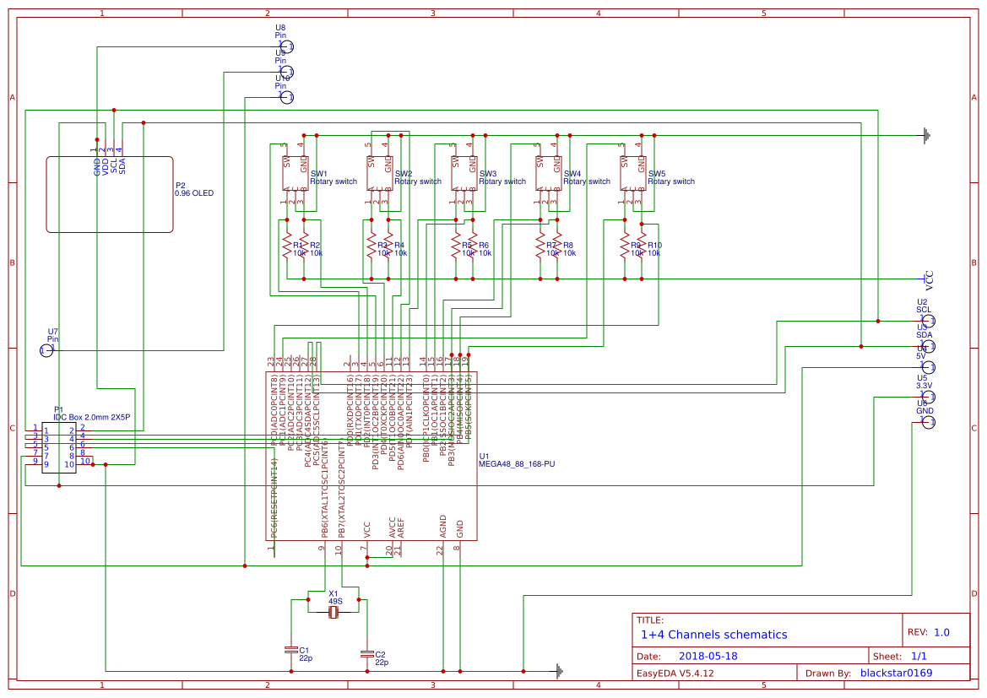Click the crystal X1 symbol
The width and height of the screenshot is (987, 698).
[x=334, y=613]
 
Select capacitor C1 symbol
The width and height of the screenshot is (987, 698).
[x=291, y=649]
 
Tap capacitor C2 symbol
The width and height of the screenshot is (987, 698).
[x=366, y=653]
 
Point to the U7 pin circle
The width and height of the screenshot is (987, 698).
[x=46, y=350]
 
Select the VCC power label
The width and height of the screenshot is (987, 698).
[x=929, y=279]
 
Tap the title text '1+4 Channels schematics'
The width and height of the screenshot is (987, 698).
[x=713, y=635]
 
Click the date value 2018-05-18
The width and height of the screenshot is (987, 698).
[x=708, y=656]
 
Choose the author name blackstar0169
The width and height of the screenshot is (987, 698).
[x=896, y=673]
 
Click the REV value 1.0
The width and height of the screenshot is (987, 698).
[x=941, y=632]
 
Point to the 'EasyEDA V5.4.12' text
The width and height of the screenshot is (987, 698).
[x=675, y=674]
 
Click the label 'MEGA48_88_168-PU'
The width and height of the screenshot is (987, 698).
[x=517, y=464]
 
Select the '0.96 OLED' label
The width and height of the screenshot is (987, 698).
[x=194, y=193]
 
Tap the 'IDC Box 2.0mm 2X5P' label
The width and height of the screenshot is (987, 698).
[x=91, y=417]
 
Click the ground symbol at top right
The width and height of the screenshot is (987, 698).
[x=927, y=135]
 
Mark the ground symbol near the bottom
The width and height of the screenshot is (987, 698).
[x=558, y=671]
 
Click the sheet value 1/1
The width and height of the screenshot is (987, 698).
[x=918, y=656]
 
